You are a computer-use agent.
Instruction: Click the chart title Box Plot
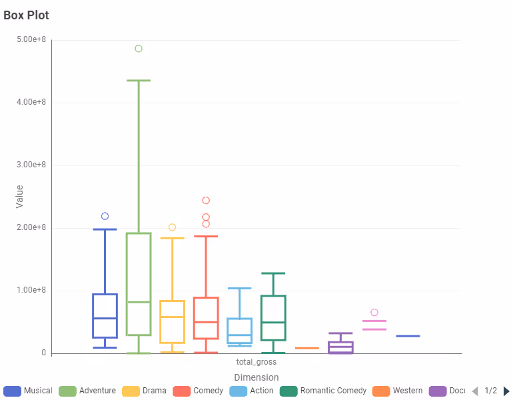tap(26, 15)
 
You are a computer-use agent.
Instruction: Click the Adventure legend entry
tap(87, 391)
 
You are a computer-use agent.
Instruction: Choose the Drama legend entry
tap(144, 391)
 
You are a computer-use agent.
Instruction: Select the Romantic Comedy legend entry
tap(323, 391)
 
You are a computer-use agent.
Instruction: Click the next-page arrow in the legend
tap(506, 391)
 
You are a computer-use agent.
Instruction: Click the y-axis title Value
tap(19, 196)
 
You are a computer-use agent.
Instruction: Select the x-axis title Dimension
tap(256, 377)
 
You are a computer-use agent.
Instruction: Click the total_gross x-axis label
tap(256, 362)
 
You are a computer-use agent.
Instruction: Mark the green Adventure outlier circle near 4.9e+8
tap(139, 49)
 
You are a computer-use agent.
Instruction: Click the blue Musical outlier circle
tap(105, 216)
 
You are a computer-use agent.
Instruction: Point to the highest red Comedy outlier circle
tap(206, 201)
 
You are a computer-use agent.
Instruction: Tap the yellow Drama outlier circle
tap(172, 227)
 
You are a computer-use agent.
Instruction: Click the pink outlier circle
tap(374, 313)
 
